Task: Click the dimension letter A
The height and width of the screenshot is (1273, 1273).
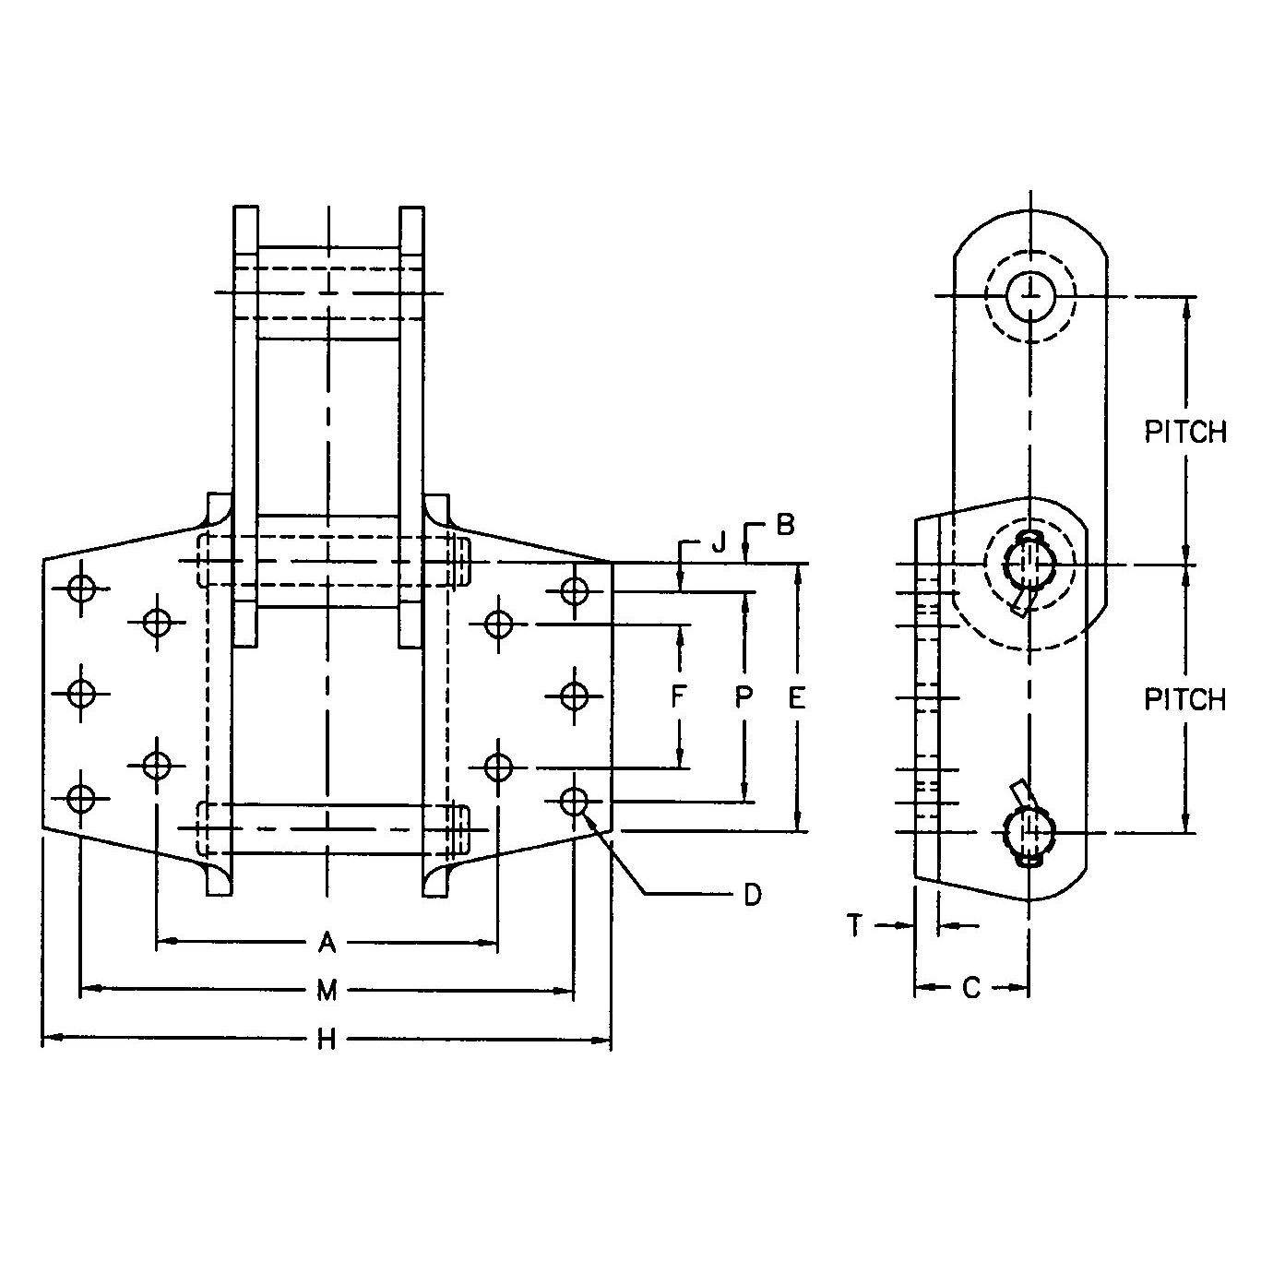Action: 326,942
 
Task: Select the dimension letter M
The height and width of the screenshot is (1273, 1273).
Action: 327,991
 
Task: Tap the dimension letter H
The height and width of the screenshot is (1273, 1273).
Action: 327,1041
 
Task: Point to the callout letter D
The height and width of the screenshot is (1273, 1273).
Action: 753,894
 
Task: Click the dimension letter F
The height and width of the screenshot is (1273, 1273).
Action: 679,697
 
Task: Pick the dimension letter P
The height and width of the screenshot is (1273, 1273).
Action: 744,697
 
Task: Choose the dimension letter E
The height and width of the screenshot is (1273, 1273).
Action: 797,697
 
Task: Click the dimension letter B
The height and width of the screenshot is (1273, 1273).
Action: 784,525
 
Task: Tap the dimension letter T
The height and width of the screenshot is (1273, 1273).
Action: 855,924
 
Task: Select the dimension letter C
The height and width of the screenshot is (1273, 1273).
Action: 971,988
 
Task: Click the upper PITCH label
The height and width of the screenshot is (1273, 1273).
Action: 1185,432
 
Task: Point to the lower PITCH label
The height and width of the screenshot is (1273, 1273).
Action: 1185,700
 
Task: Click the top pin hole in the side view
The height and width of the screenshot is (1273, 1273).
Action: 1029,296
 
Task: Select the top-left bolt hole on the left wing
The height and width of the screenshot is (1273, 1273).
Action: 82,588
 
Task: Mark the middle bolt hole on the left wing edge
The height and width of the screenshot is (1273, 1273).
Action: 82,693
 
